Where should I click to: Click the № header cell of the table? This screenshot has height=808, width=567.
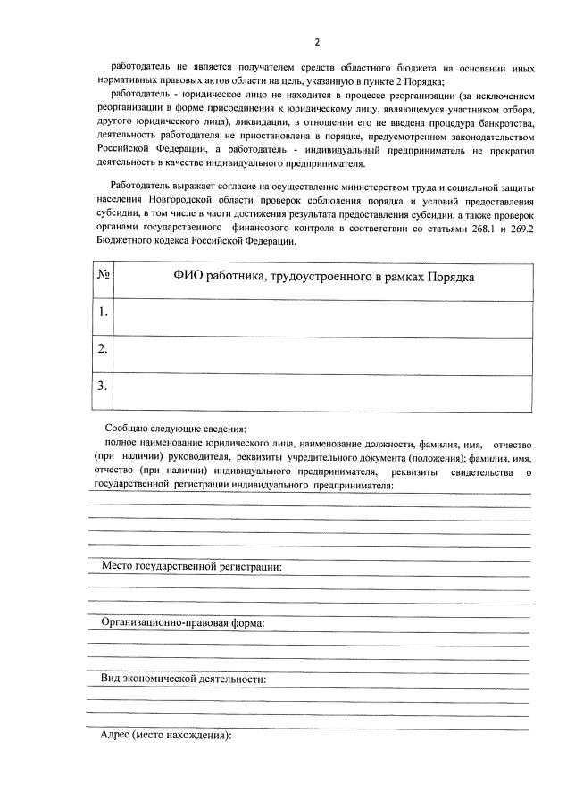click(x=104, y=276)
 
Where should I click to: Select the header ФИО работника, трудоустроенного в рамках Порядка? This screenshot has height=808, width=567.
click(x=323, y=277)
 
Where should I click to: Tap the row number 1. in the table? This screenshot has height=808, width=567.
click(x=104, y=312)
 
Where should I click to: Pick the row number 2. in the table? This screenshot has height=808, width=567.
click(x=104, y=348)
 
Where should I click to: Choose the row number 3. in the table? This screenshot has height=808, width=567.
click(x=104, y=386)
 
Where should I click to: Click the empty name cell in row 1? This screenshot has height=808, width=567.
click(x=323, y=319)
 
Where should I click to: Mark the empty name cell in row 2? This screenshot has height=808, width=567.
click(x=323, y=355)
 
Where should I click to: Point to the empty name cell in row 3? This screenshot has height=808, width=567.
click(x=323, y=393)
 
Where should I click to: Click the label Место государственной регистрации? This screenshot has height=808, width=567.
click(x=192, y=566)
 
